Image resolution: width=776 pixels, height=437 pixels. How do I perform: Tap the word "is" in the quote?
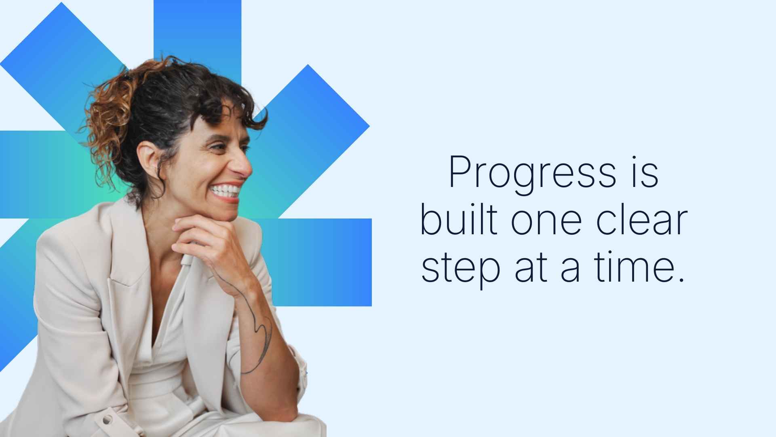(645, 173)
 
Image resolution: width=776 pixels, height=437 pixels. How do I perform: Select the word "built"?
(458, 221)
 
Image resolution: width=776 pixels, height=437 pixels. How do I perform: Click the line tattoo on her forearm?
(261, 332)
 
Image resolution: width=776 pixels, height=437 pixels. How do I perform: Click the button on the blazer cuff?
(107, 419)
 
